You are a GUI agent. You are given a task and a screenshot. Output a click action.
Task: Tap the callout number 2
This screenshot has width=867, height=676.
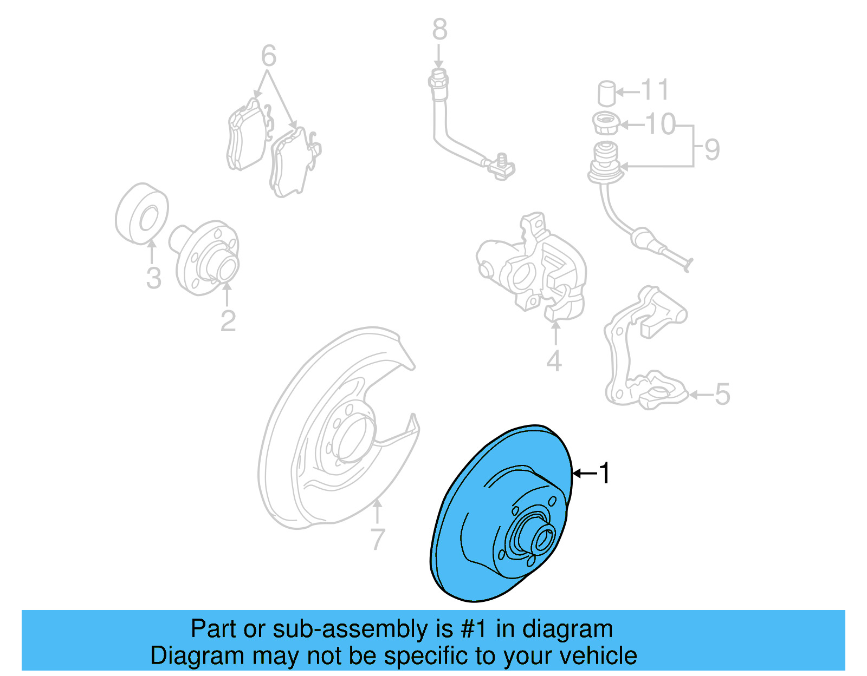(x=228, y=320)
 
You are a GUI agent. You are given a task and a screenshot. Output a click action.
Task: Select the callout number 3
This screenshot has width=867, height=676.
(x=154, y=278)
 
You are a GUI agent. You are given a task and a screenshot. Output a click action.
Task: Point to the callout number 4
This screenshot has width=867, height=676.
(x=554, y=360)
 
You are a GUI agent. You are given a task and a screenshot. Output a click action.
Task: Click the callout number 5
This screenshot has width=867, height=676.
(x=722, y=394)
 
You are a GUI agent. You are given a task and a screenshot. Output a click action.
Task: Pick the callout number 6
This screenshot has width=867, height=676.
(x=269, y=56)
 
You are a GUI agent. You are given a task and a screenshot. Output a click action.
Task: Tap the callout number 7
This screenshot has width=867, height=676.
(x=378, y=539)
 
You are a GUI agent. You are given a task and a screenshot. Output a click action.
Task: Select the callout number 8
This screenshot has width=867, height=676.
(x=439, y=29)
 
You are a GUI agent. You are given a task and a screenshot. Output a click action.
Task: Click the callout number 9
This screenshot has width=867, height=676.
(x=712, y=149)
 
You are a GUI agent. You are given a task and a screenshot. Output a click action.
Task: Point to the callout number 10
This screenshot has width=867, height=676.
(x=661, y=124)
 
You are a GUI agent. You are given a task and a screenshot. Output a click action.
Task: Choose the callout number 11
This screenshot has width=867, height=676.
(x=655, y=90)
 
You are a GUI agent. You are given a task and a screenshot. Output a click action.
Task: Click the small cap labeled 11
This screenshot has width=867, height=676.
(x=607, y=93)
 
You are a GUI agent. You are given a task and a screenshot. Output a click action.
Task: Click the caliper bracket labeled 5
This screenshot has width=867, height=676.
(x=642, y=352)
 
